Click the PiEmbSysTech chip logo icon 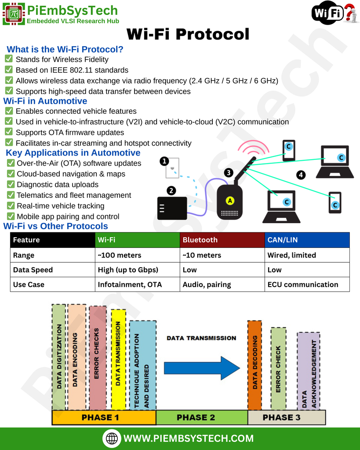click(14, 14)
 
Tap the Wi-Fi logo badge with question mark click(335, 12)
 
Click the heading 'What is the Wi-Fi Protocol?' click(65, 49)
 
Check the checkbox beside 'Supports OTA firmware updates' click(9, 132)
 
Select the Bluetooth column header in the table click(222, 240)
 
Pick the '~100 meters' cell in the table click(138, 255)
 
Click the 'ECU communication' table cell click(307, 284)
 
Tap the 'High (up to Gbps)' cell click(138, 270)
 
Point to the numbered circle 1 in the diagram click(164, 161)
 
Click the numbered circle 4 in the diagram click(301, 175)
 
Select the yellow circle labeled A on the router click(229, 201)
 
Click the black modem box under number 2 click(172, 208)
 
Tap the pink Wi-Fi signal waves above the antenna click(253, 147)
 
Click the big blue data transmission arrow click(202, 368)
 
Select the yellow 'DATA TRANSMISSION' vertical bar click(118, 359)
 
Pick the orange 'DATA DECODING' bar click(255, 365)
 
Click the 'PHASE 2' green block click(202, 417)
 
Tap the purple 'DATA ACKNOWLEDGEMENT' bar click(309, 371)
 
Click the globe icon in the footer click(112, 438)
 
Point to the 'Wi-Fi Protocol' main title click(188, 34)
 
